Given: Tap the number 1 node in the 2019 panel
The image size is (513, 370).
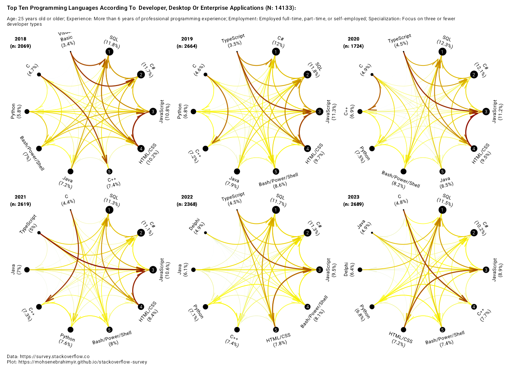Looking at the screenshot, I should tap(276, 52).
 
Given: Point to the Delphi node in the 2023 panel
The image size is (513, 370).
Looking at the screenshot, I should tap(360, 270).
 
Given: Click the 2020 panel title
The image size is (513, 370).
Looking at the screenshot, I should tap(353, 39).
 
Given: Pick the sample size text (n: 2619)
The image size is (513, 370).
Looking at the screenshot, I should tap(21, 204).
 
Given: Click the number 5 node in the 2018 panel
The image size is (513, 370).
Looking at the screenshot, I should tap(109, 171).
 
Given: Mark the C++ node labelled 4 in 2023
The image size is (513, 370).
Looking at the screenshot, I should tap(474, 307).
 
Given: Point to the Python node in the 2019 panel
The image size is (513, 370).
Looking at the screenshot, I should tap(193, 111).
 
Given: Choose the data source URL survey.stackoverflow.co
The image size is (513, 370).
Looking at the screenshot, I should tap(54, 356).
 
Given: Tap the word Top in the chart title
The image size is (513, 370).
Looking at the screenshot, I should tap(12, 8).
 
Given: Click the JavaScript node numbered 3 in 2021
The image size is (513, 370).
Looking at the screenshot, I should tap(153, 270).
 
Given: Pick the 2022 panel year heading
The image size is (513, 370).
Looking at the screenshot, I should tap(187, 197).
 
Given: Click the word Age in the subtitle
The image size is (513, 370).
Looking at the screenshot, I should tap(11, 19).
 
